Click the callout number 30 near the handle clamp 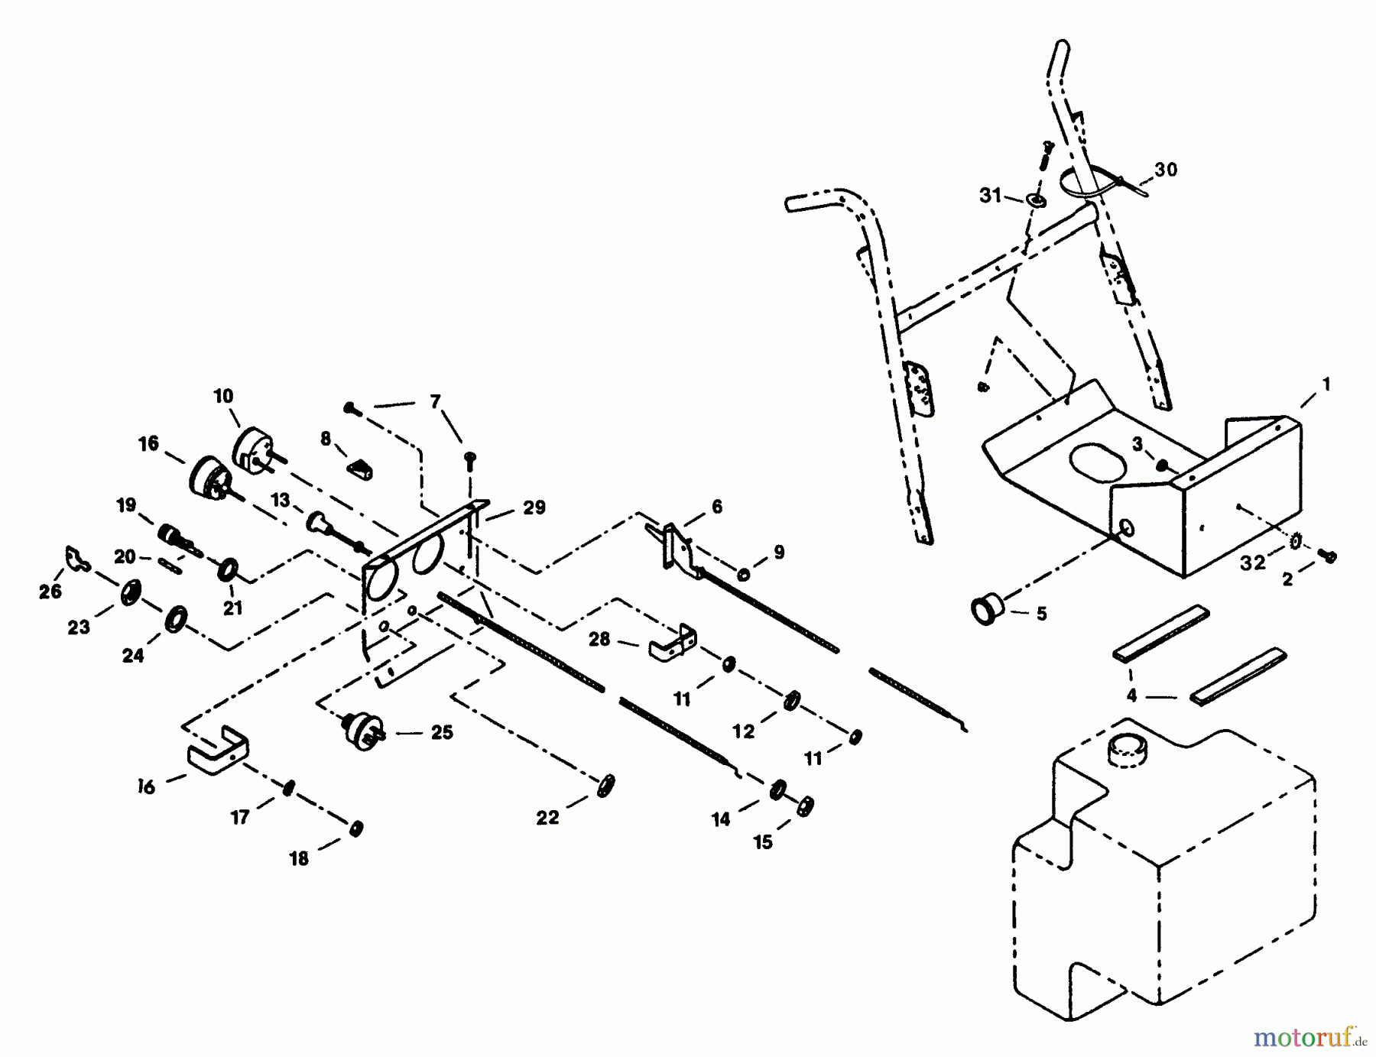[x=1165, y=170]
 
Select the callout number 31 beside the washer [x=990, y=196]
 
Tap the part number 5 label [x=1041, y=614]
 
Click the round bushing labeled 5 [x=987, y=611]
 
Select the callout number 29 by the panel [x=534, y=507]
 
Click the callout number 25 [x=442, y=732]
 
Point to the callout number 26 [x=50, y=592]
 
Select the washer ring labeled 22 [x=605, y=786]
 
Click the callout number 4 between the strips [x=1131, y=695]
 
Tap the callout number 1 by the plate [x=1326, y=384]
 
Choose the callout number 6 [x=716, y=507]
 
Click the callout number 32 [x=1252, y=563]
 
